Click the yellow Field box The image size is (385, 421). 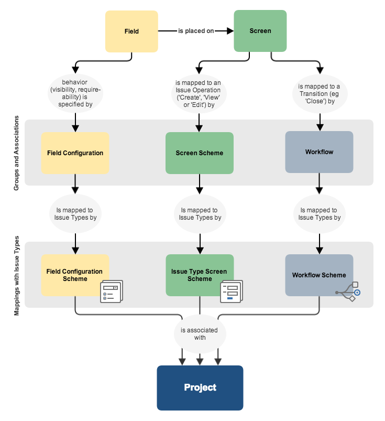pos(131,31)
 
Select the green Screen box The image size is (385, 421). pos(260,31)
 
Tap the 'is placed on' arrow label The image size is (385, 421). pos(196,31)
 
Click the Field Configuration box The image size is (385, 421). pos(75,153)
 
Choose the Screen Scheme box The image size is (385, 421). pos(199,153)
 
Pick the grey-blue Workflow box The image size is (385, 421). pos(319,152)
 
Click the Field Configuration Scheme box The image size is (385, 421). pos(75,275)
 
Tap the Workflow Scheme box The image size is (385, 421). pos(319,275)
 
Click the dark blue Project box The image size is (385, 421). pos(200,388)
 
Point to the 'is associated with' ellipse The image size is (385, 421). pos(200,334)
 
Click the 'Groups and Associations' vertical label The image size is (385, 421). pos(16,153)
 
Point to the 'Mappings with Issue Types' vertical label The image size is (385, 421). pos(16,275)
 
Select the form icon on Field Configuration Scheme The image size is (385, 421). pos(111,292)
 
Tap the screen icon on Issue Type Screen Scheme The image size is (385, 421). pos(231,292)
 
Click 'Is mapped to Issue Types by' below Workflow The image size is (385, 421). pos(319,214)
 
